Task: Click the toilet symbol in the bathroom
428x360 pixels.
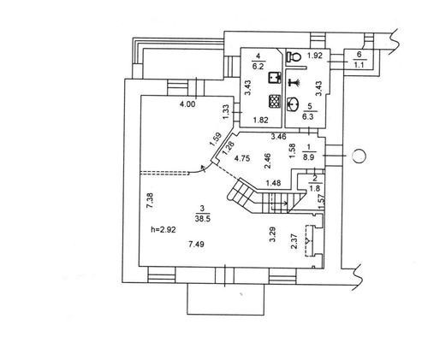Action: [x=294, y=57]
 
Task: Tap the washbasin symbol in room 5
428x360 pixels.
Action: [x=292, y=103]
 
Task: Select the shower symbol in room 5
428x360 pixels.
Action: [x=294, y=82]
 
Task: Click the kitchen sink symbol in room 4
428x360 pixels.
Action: [x=275, y=78]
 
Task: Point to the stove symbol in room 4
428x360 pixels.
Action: [x=275, y=101]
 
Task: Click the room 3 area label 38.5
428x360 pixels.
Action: [x=203, y=218]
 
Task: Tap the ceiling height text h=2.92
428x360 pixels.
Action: [x=163, y=229]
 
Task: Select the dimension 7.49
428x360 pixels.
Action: [x=196, y=244]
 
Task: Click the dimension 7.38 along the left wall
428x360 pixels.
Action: [x=151, y=202]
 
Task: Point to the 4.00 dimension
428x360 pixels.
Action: [x=187, y=104]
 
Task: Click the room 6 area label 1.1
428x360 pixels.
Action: [x=359, y=65]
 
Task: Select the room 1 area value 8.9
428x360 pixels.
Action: [x=308, y=156]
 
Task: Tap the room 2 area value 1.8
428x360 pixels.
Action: [x=315, y=188]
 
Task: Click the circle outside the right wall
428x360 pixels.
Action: [x=359, y=156]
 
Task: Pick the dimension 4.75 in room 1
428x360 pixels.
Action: [x=242, y=158]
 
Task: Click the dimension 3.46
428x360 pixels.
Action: [x=278, y=137]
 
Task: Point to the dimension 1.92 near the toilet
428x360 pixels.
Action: [x=315, y=56]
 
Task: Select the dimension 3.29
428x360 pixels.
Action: [x=273, y=234]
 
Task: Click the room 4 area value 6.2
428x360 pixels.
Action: [x=259, y=66]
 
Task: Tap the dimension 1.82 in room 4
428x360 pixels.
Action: [x=261, y=120]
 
